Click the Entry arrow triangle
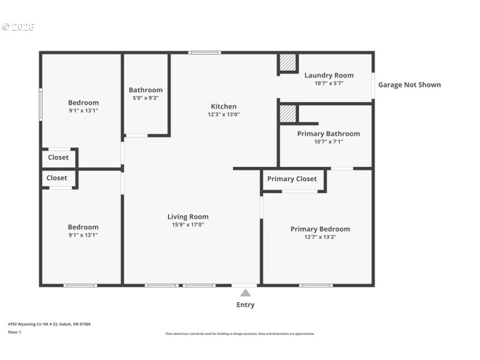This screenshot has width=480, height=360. click(x=245, y=293)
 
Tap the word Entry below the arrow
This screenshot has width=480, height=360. click(x=245, y=305)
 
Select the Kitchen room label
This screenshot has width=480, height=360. click(x=223, y=106)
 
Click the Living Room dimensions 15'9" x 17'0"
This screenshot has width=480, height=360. click(x=188, y=225)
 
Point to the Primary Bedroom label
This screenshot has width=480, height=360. click(x=320, y=229)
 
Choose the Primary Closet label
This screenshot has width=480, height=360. click(x=292, y=179)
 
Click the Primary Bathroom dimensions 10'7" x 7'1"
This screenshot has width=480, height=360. click(x=328, y=142)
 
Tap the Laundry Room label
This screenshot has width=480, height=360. click(x=329, y=75)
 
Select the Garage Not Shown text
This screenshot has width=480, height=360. click(x=409, y=85)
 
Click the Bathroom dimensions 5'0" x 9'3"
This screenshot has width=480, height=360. click(x=145, y=98)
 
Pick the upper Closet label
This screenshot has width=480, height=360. click(x=58, y=157)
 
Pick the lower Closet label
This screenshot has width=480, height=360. click(x=57, y=178)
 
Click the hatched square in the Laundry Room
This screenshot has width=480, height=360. click(x=288, y=62)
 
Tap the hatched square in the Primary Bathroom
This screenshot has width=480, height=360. click(x=288, y=113)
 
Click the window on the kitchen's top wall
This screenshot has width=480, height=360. click(x=204, y=53)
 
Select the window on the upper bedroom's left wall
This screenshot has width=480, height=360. click(x=40, y=105)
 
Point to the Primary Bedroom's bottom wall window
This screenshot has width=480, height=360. click(x=316, y=286)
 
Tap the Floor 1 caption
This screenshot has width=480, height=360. click(x=14, y=332)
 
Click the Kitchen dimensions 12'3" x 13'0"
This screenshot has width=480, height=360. click(x=223, y=114)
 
